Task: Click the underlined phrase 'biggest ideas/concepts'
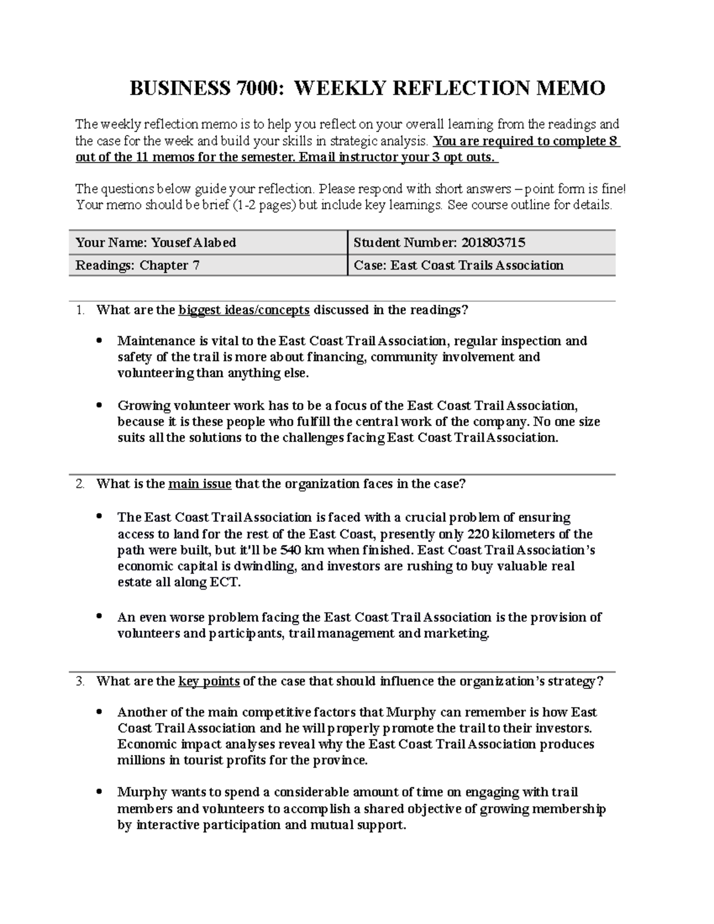tap(244, 310)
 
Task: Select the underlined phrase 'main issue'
tap(200, 484)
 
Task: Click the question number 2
tap(80, 484)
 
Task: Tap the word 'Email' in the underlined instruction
tap(315, 157)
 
